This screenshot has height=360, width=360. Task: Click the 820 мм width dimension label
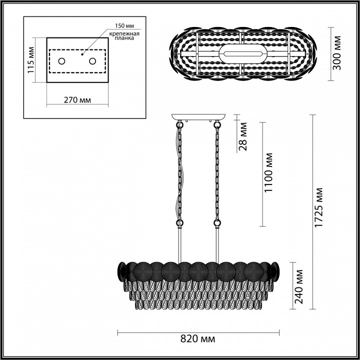[198, 338]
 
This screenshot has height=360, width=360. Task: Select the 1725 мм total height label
[318, 207]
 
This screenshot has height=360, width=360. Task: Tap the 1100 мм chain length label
[268, 172]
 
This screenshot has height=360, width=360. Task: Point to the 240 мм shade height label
[298, 286]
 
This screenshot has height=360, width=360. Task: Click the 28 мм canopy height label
[242, 136]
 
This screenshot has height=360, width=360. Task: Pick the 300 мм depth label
[337, 53]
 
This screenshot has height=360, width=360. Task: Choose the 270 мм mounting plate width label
[77, 100]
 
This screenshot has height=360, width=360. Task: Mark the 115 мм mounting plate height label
[31, 60]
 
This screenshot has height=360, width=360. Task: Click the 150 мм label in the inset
[124, 25]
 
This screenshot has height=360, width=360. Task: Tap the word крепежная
[124, 34]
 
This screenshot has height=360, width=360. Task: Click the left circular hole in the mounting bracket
[62, 61]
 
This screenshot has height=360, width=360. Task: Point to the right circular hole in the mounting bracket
[92, 61]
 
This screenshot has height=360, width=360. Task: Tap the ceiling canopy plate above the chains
[198, 117]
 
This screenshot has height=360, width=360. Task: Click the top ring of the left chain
[179, 125]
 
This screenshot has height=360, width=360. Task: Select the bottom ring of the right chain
[217, 222]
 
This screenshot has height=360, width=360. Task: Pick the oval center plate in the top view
[243, 53]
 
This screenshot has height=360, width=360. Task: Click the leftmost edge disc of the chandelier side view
[122, 271]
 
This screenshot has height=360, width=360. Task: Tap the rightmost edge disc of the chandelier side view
[275, 271]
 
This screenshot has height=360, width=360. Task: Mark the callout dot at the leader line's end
[82, 54]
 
